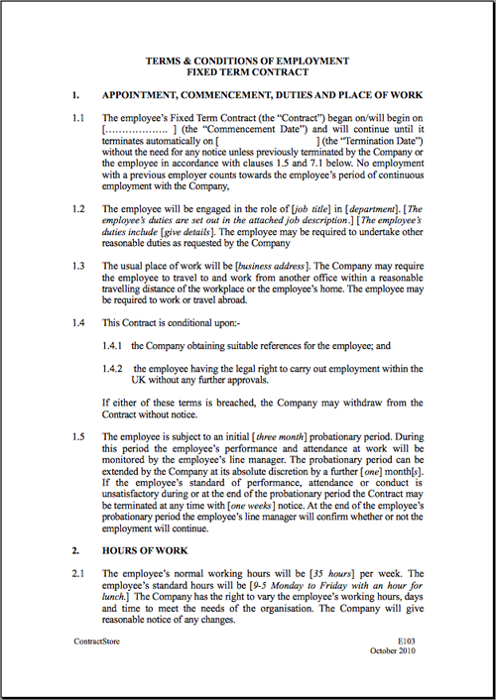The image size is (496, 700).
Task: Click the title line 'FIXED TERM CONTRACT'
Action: click(248, 72)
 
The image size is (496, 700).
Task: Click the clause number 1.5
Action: click(78, 435)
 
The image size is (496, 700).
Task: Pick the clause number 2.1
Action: click(78, 573)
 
